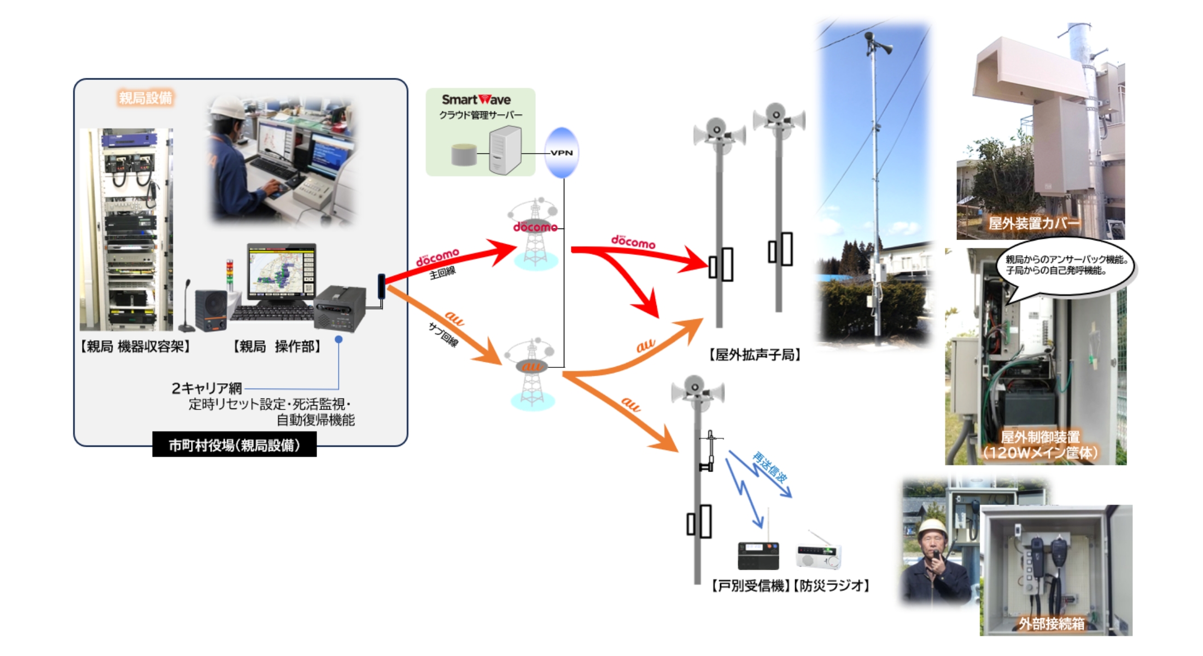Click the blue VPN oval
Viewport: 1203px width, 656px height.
click(562, 153)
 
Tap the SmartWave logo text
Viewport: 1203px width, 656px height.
click(476, 99)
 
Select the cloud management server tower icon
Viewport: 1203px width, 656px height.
click(505, 150)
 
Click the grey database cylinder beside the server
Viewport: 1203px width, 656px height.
click(464, 155)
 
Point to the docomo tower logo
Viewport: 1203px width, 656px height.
click(535, 226)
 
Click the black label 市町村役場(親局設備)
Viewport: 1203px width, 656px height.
click(234, 445)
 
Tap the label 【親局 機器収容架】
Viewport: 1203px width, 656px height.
click(135, 347)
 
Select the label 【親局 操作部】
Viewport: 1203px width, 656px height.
click(277, 347)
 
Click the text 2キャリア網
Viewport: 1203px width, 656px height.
click(207, 388)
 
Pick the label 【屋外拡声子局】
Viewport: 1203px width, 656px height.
click(755, 355)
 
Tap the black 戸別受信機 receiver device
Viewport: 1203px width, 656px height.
click(758, 555)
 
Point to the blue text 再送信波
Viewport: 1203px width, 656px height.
click(769, 466)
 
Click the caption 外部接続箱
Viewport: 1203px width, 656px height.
click(1051, 624)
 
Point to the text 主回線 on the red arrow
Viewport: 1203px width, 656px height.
click(442, 272)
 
